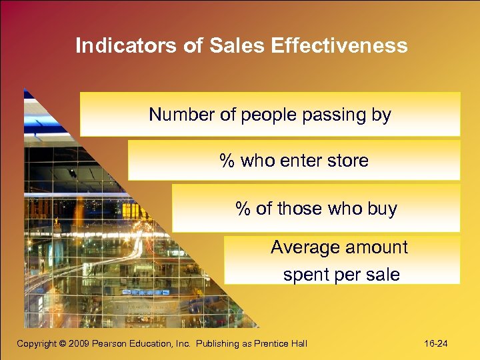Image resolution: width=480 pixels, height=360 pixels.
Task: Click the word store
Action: tap(347, 161)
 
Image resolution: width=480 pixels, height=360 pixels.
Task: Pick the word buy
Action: tap(382, 209)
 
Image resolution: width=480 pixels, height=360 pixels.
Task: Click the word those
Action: tap(299, 209)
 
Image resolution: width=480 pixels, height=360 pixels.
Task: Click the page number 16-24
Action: tap(436, 343)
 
